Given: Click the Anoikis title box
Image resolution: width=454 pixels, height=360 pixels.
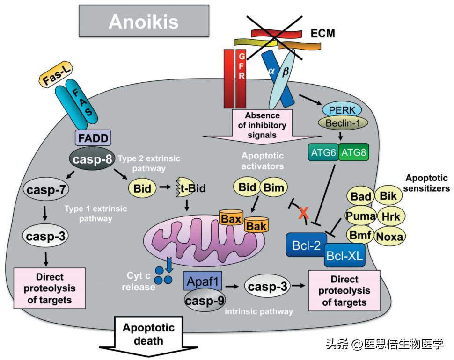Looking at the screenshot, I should tap(143, 22).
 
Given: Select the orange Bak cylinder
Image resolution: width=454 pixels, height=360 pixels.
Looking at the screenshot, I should tap(256, 226).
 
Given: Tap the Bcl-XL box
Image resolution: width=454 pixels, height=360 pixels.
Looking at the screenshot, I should tap(345, 255).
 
